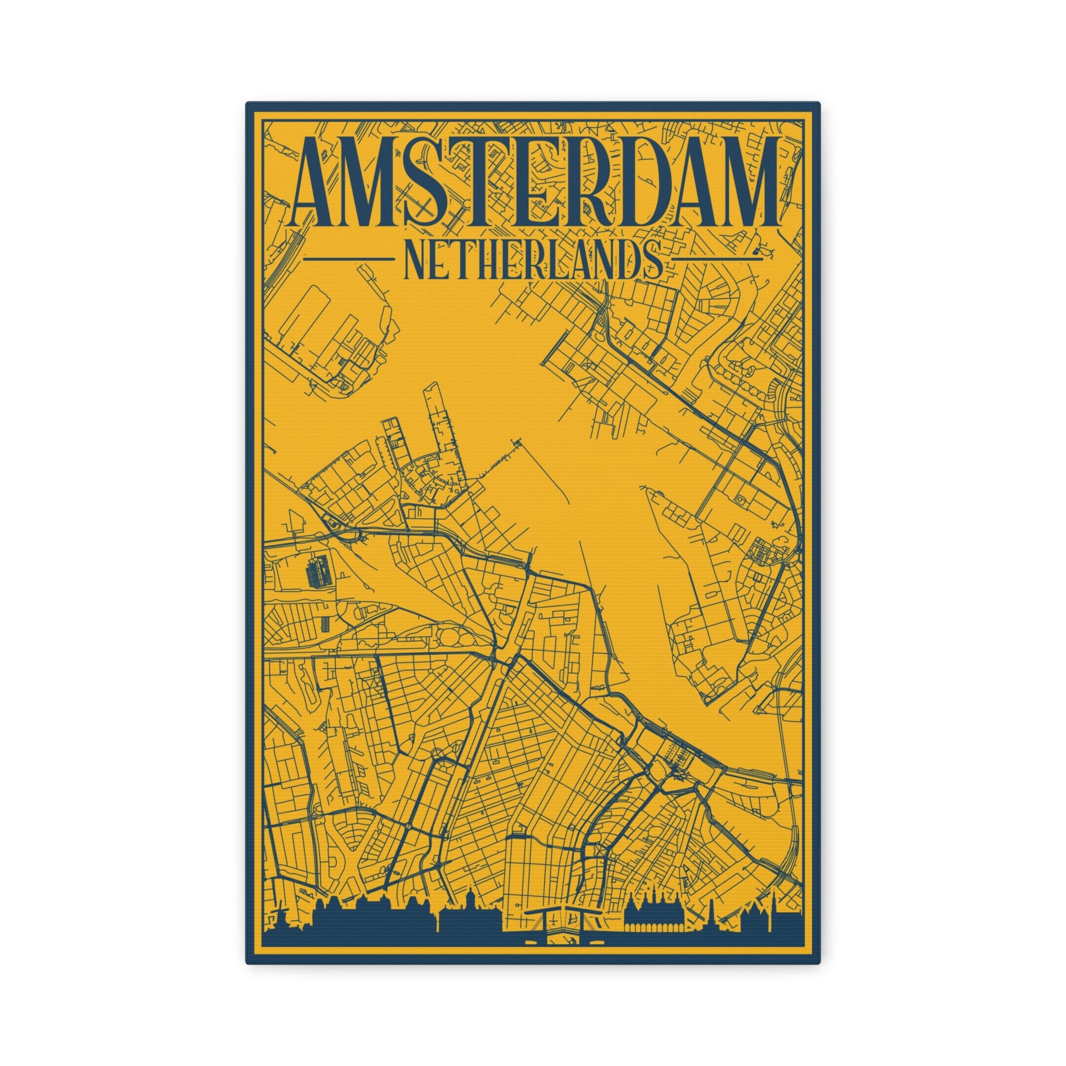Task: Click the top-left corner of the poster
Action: click(x=247, y=103)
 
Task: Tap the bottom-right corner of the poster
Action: click(x=819, y=963)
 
